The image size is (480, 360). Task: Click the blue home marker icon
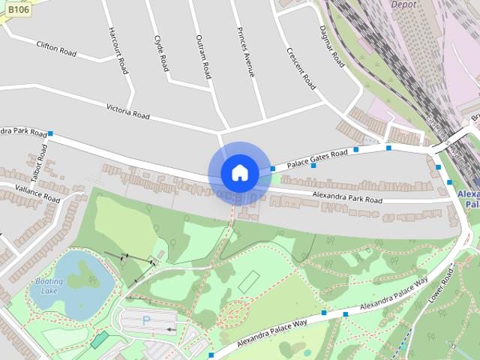239,172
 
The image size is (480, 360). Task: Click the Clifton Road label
56,48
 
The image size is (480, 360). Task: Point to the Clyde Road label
161,52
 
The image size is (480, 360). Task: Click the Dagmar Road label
331,45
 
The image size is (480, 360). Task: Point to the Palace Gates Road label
318,157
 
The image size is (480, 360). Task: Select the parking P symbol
146,320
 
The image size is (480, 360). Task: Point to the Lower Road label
447,281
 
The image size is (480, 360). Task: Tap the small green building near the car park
99,340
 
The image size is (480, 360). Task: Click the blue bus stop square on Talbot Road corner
50,134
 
